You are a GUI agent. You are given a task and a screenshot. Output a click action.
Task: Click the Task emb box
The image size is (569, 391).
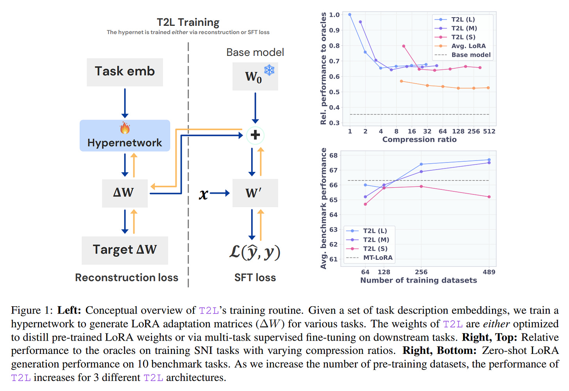125,72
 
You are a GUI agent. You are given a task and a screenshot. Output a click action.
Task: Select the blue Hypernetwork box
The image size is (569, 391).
125,136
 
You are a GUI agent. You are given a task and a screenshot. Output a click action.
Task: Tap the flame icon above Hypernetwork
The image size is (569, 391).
125,128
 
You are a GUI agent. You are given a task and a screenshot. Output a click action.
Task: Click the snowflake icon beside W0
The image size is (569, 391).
269,70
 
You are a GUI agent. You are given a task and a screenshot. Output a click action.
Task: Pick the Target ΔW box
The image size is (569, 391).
125,250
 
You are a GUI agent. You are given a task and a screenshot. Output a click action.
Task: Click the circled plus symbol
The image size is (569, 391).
255,135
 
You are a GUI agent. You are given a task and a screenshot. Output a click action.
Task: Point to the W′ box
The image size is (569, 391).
255,193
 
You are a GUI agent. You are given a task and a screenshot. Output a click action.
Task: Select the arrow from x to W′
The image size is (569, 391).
220,193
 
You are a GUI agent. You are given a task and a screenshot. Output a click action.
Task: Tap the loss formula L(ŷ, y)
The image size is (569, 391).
255,252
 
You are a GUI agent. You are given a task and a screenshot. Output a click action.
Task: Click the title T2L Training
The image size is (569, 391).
188,22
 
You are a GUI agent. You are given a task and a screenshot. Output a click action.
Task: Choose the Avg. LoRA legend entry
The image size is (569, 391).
468,46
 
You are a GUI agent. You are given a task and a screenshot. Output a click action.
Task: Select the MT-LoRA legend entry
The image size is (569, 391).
378,258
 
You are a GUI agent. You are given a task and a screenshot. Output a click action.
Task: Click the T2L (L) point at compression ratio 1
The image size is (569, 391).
350,15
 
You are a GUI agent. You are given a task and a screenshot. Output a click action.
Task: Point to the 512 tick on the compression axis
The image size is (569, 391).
489,131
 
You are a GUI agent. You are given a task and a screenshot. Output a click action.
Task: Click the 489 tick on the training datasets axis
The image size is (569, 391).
489,272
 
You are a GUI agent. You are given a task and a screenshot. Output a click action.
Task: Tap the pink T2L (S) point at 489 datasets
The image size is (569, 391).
489,197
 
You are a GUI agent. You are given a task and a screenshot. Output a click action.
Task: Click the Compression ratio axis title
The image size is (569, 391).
419,139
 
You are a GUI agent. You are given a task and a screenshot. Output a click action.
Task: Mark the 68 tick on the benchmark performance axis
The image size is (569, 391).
333,155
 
